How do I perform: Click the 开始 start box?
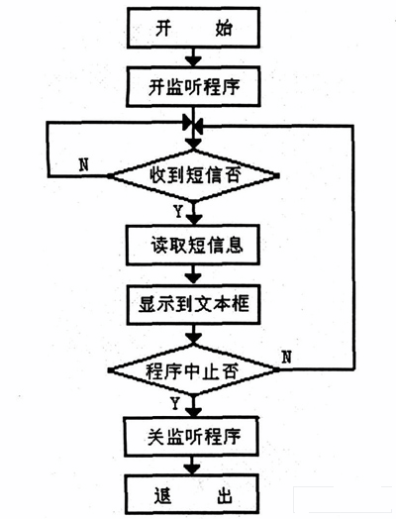point(194,30)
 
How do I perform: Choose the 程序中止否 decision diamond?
point(194,372)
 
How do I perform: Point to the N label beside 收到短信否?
point(83,161)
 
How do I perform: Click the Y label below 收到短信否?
point(177,211)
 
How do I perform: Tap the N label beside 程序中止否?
point(287,355)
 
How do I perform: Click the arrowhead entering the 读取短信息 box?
point(194,223)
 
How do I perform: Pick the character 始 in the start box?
point(224,30)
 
